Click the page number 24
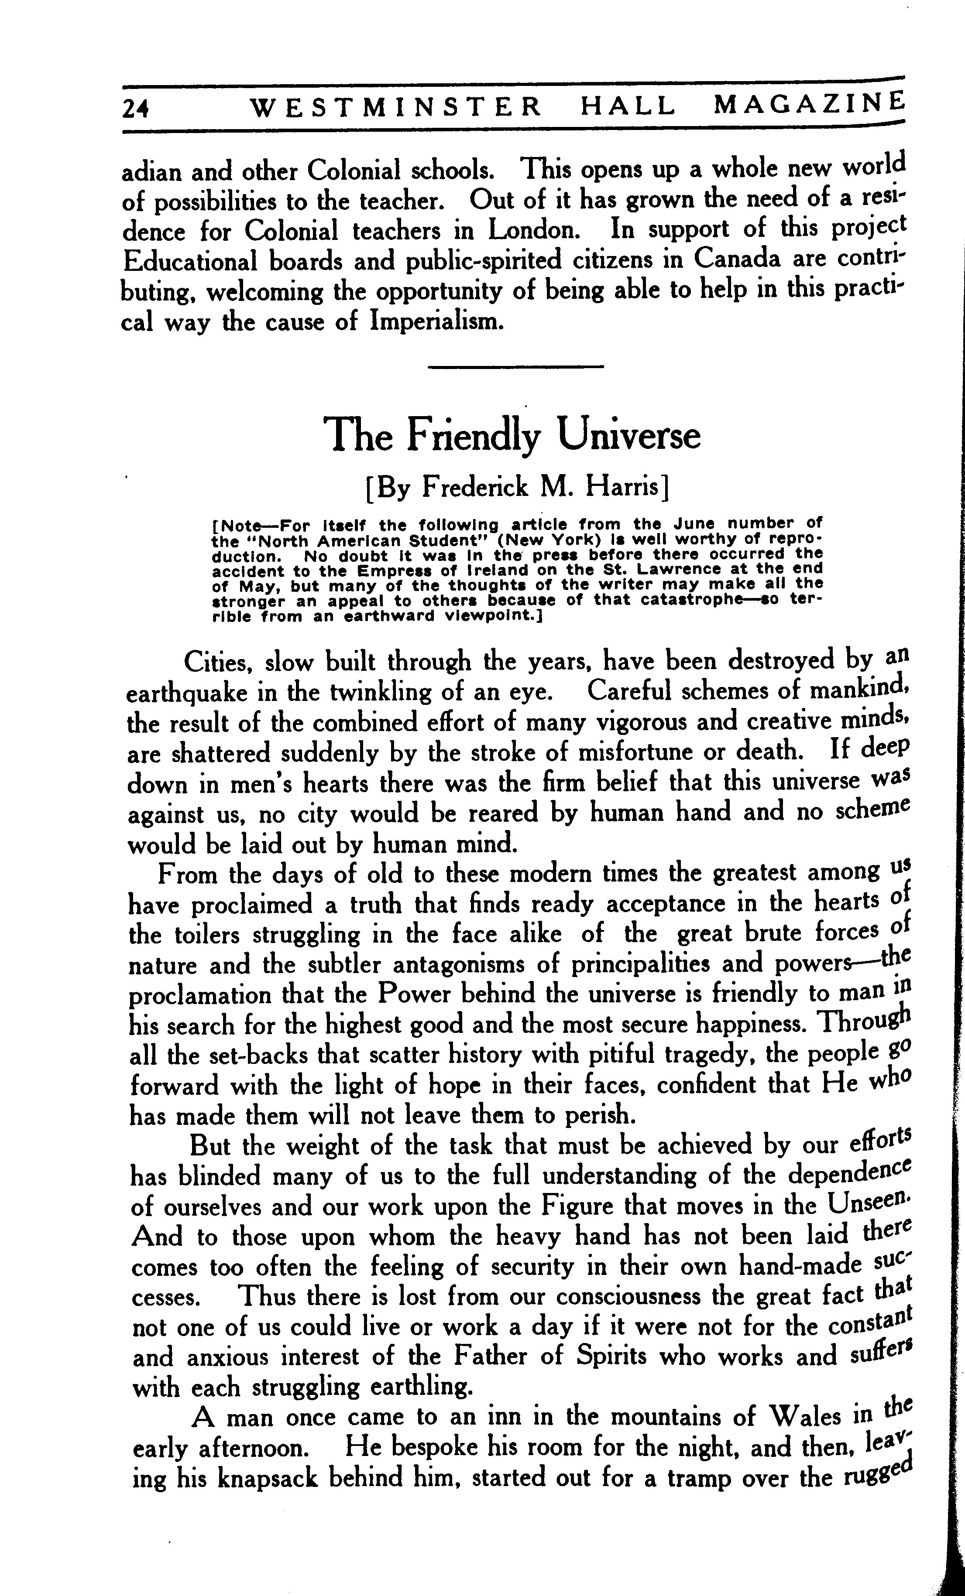tap(135, 109)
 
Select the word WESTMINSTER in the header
tap(395, 107)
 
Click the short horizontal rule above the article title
tap(516, 367)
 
